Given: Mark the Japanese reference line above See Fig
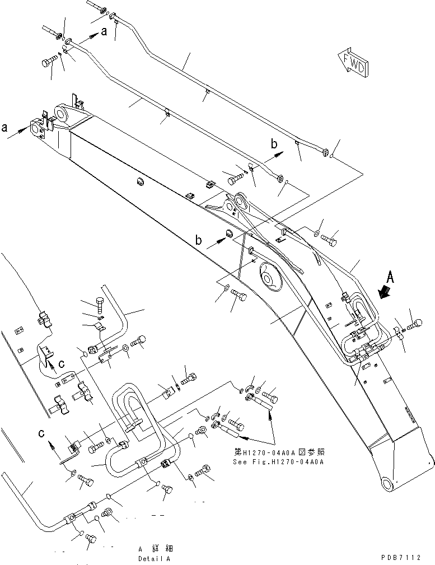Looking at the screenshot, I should tap(278, 452).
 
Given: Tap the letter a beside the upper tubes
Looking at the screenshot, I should tap(104, 33).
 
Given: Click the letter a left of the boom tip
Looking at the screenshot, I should tap(4, 128).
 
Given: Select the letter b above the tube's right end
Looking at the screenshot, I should tap(274, 144).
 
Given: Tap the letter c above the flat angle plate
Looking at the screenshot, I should tap(40, 432).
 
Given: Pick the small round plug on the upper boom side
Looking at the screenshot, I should tap(140, 181).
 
